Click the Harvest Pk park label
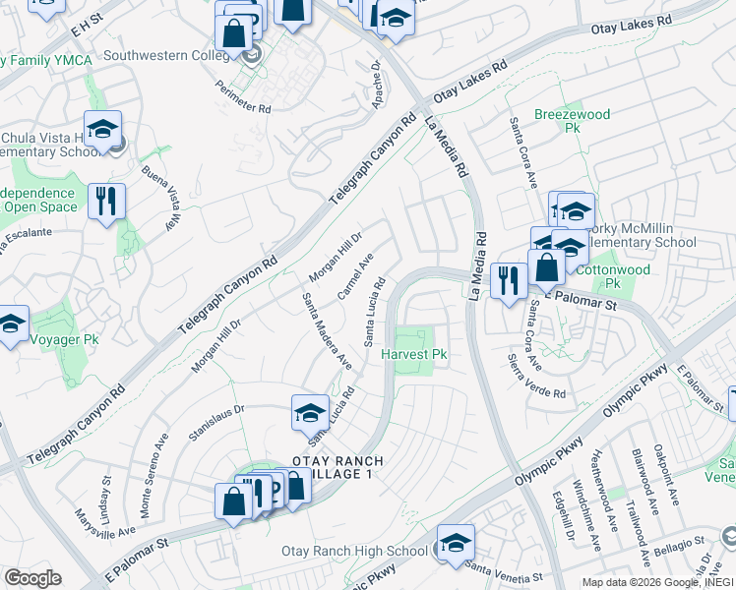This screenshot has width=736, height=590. click(x=415, y=354)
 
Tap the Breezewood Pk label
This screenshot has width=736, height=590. click(x=572, y=122)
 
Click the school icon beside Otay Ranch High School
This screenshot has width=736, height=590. click(x=456, y=543)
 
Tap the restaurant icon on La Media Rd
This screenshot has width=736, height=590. click(x=509, y=280)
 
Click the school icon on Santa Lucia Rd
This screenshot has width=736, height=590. click(x=310, y=413)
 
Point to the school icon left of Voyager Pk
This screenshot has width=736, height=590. click(x=11, y=324)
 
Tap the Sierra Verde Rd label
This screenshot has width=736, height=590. click(x=536, y=376)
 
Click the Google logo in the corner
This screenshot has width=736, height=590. click(x=32, y=578)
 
